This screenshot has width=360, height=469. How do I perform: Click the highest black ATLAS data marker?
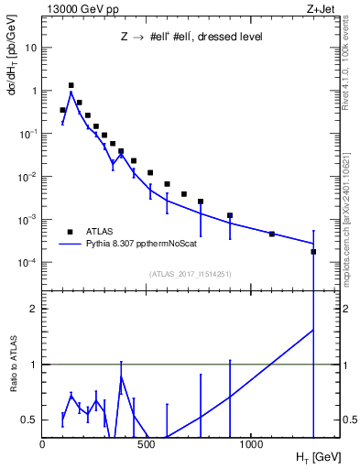point(71,85)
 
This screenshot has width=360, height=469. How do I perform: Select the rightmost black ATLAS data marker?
point(313,251)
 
